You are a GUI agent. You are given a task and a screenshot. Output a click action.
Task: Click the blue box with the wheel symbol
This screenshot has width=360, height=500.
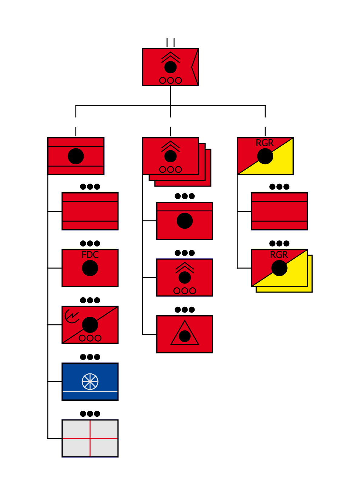coord(90,381)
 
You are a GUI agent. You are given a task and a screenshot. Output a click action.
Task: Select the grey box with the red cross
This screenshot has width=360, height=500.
coord(90,438)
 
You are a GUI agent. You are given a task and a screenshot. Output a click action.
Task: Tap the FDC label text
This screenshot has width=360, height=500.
coord(90,255)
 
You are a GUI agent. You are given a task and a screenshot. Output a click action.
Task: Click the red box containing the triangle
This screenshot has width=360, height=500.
coord(185,334)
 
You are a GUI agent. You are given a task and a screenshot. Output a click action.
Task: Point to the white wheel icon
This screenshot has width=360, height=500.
coord(90,381)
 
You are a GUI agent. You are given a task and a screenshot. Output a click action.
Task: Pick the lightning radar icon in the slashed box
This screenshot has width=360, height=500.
coord(72,316)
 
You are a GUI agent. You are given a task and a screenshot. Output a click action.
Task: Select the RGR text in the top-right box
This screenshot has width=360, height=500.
coord(265,143)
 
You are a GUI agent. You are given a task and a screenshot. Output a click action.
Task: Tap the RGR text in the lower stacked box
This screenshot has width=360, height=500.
coord(279,255)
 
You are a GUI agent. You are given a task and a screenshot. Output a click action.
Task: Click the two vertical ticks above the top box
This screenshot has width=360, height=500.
coord(170,42)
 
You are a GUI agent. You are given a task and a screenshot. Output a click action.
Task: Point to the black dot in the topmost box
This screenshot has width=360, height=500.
coord(170,67)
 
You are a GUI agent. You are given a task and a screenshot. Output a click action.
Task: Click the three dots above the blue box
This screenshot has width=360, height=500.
coord(90,357)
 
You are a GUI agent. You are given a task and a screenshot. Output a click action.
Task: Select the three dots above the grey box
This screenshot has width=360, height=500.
coord(90,413)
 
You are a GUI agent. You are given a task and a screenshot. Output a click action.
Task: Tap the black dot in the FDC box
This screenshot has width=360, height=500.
coord(90,268)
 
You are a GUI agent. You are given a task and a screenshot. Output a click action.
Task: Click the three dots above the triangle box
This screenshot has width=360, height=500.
coord(185,310)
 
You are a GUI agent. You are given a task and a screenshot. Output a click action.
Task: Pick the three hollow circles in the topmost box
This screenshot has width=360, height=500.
coord(170,80)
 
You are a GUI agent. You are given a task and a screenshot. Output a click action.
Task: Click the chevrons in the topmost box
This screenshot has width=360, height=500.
coord(170,57)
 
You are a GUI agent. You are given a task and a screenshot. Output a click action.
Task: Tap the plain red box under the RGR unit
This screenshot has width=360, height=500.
coord(279,211)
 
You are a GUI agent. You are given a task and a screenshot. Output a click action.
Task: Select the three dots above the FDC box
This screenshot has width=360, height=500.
coord(90,243)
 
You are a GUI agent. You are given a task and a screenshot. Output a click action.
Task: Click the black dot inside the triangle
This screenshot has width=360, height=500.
coord(185,336)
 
